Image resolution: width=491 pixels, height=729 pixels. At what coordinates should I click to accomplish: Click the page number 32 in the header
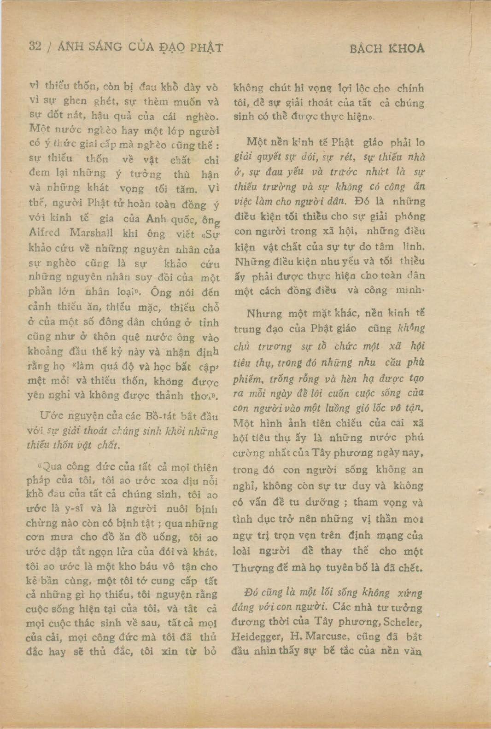tap(35, 46)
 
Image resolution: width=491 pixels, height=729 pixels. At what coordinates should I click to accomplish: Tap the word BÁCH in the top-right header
tap(366, 48)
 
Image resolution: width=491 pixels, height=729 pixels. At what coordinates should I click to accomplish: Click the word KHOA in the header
tap(406, 48)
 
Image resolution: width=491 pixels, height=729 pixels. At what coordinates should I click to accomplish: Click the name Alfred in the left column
tap(44, 233)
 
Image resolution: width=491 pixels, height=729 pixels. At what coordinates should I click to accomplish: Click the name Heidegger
tap(256, 637)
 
